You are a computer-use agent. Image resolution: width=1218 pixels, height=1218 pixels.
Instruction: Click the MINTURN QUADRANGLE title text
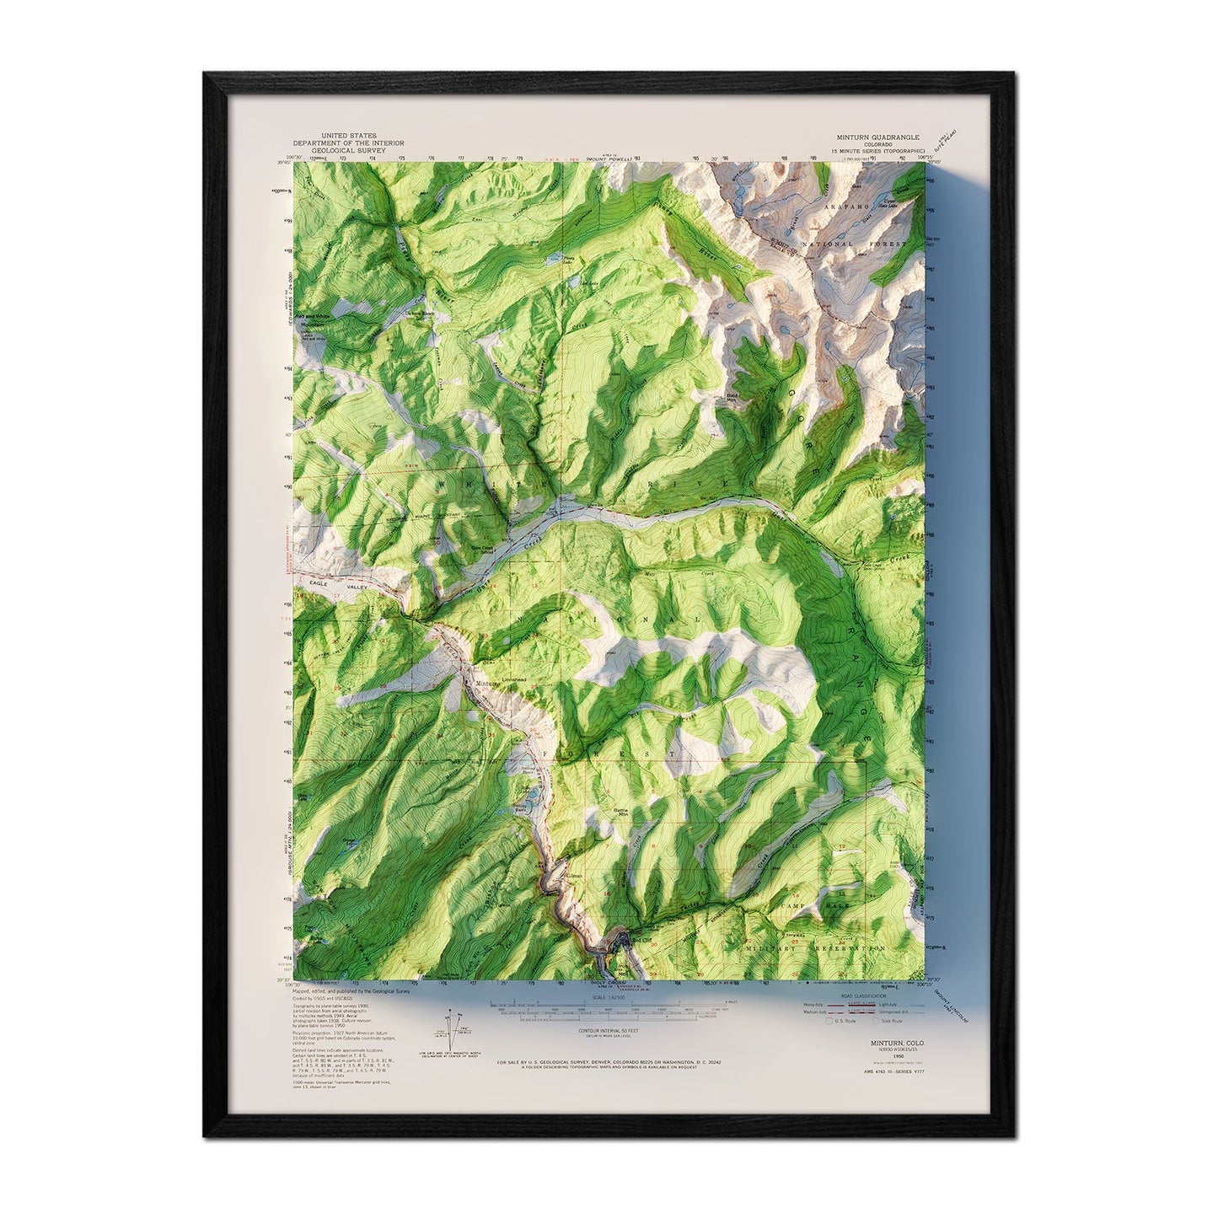point(877,137)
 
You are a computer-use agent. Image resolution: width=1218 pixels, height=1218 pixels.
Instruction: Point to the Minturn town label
point(488,683)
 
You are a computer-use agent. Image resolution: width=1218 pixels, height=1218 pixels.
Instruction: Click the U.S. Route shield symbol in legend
point(828,1021)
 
